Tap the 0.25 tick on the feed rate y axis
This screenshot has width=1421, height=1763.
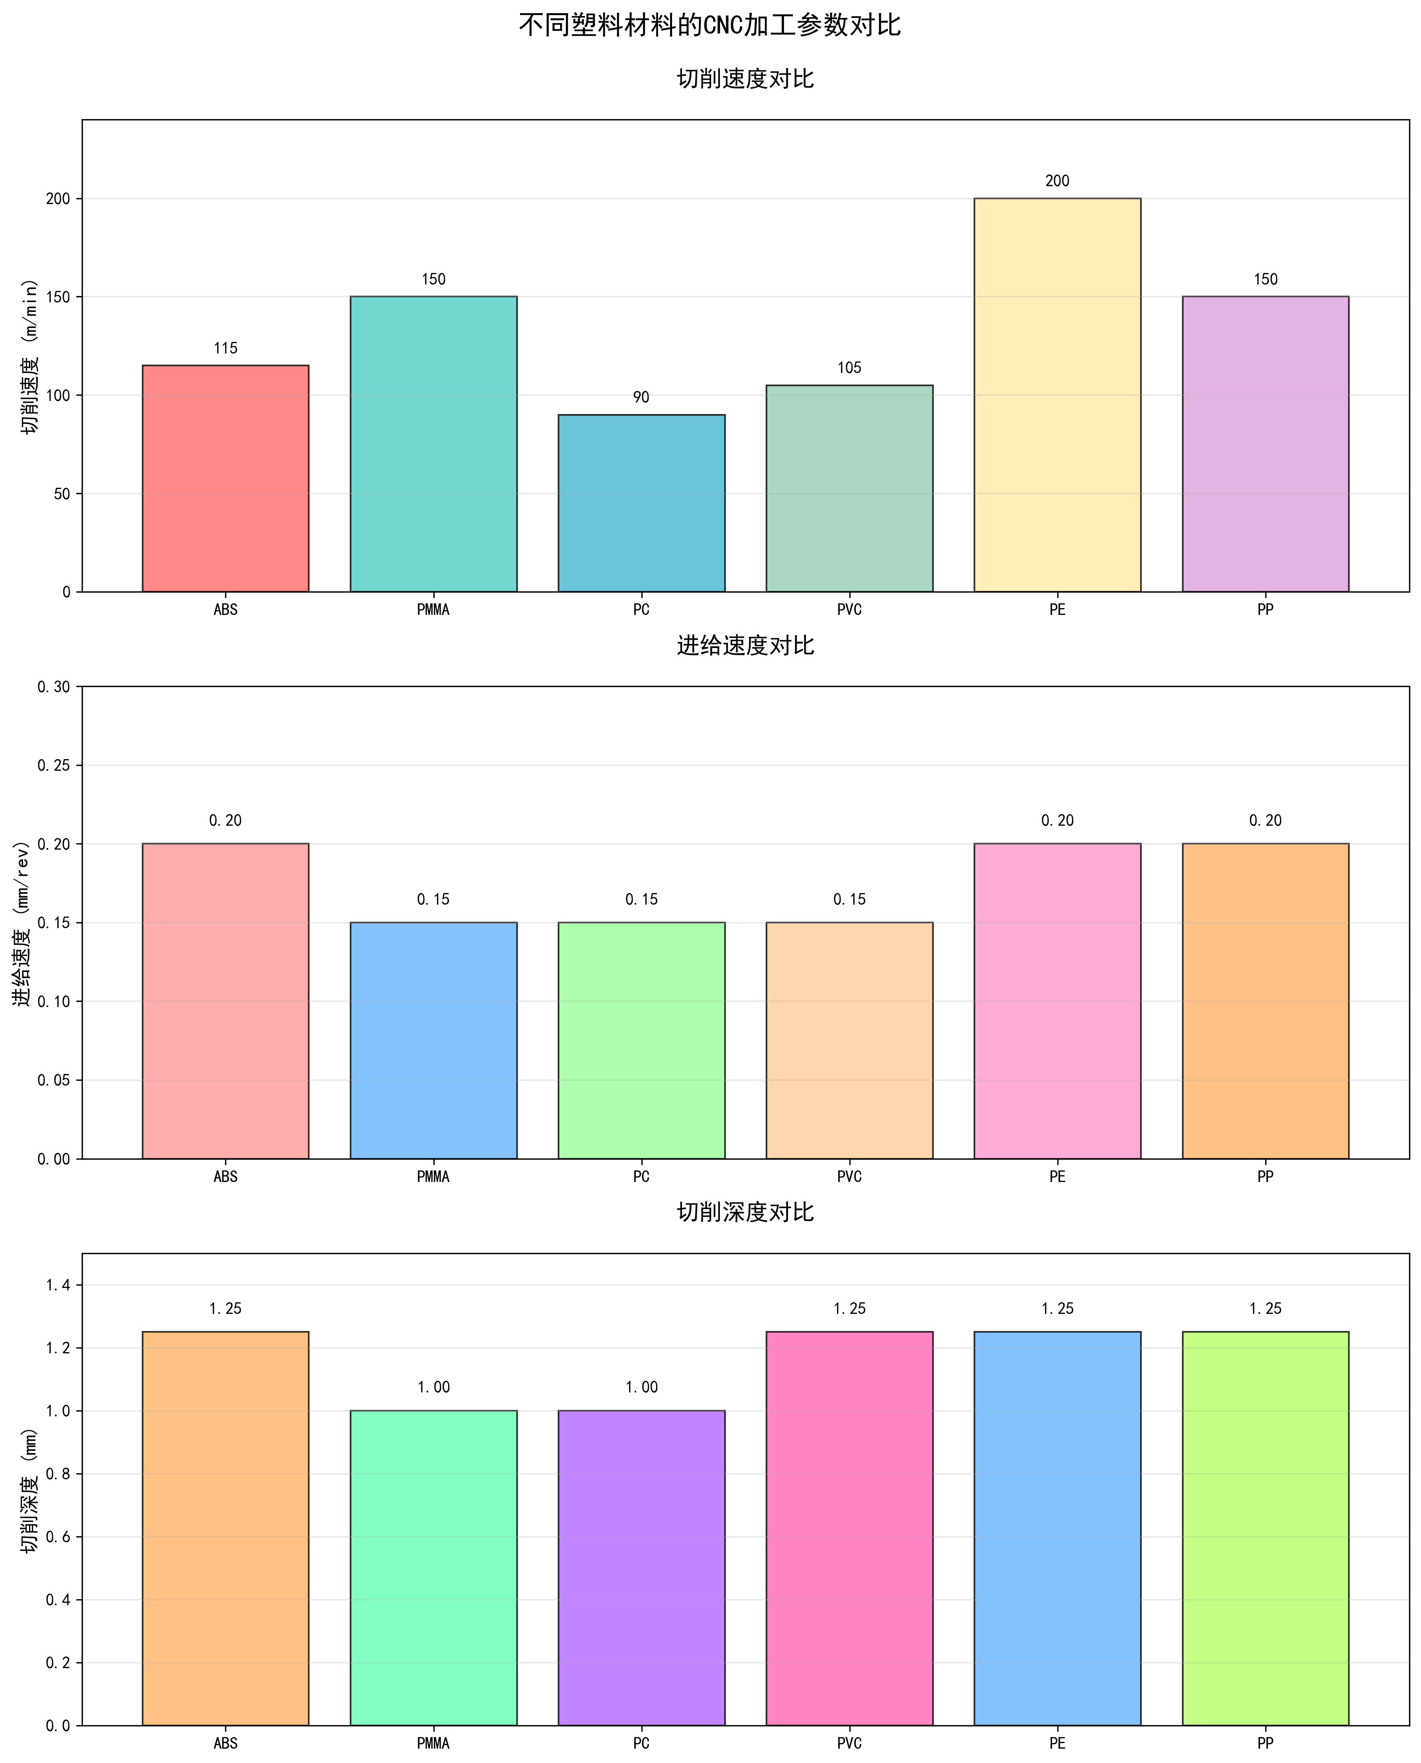click(54, 766)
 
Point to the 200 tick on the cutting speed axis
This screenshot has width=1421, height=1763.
click(58, 199)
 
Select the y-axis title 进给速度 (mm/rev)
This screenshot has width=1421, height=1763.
click(22, 923)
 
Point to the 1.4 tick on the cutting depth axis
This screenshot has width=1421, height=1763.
click(58, 1285)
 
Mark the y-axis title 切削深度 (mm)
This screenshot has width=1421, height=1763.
click(30, 1490)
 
